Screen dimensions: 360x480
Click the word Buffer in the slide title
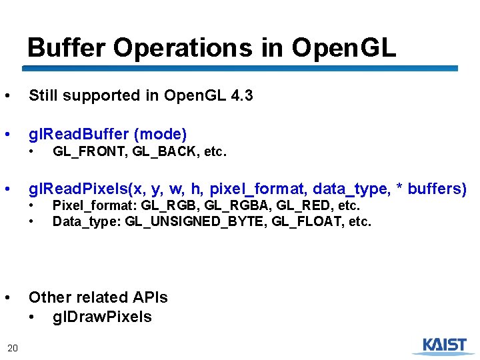point(67,47)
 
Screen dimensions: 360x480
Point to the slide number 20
point(12,347)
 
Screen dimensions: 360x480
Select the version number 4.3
point(241,96)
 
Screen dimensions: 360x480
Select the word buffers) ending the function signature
point(436,189)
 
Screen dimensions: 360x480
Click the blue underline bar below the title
point(240,68)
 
